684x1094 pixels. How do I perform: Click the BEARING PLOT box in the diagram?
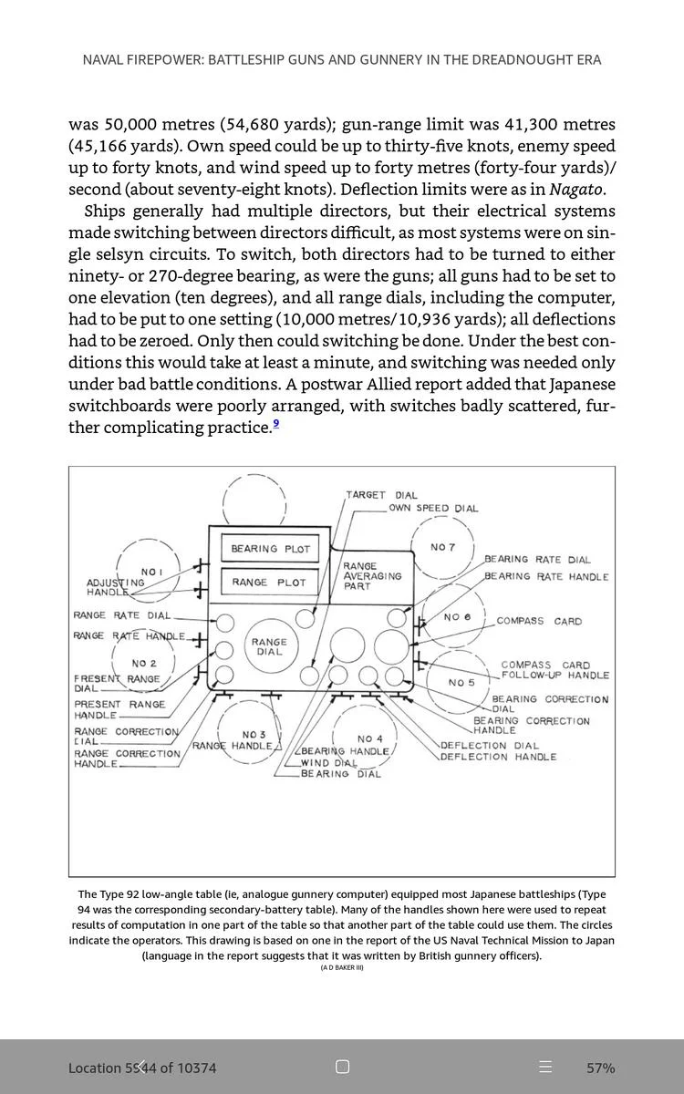pos(270,549)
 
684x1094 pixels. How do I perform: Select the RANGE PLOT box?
pos(269,583)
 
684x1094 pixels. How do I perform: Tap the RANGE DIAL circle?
pos(269,646)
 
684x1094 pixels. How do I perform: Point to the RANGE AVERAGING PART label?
pos(371,576)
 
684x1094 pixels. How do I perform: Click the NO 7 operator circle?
pos(442,547)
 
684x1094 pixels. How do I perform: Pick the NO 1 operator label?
pos(152,572)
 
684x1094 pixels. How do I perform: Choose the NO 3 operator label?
pos(254,735)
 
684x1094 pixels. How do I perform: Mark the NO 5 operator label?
pos(461,682)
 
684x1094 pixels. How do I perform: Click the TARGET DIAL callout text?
pos(381,495)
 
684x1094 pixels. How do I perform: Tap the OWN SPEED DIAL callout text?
pos(433,509)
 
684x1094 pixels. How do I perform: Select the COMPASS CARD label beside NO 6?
pos(539,621)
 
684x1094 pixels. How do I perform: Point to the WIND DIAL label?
pos(328,763)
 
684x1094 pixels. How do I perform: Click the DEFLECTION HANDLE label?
pos(498,757)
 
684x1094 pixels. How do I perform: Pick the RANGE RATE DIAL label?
pos(121,615)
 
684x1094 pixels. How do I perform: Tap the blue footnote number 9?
pos(275,423)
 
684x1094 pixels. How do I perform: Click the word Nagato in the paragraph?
pos(575,190)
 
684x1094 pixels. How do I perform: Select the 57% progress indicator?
pos(600,1068)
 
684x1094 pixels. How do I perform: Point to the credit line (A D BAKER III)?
pos(342,967)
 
